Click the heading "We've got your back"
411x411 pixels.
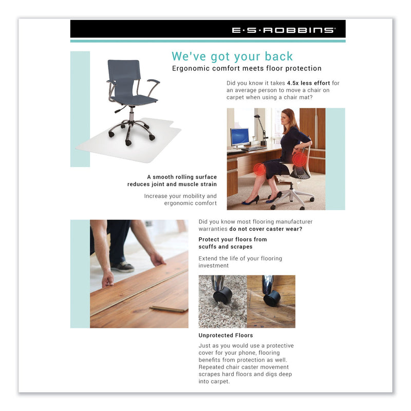(232, 56)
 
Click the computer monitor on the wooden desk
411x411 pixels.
(239, 137)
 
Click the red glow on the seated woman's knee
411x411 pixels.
(259, 170)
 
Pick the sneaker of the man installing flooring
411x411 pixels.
(123, 267)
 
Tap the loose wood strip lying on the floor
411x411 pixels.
(168, 308)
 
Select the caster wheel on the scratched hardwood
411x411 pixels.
(272, 298)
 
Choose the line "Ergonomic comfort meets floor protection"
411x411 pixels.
(246, 68)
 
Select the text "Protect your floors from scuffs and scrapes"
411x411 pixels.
(233, 243)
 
